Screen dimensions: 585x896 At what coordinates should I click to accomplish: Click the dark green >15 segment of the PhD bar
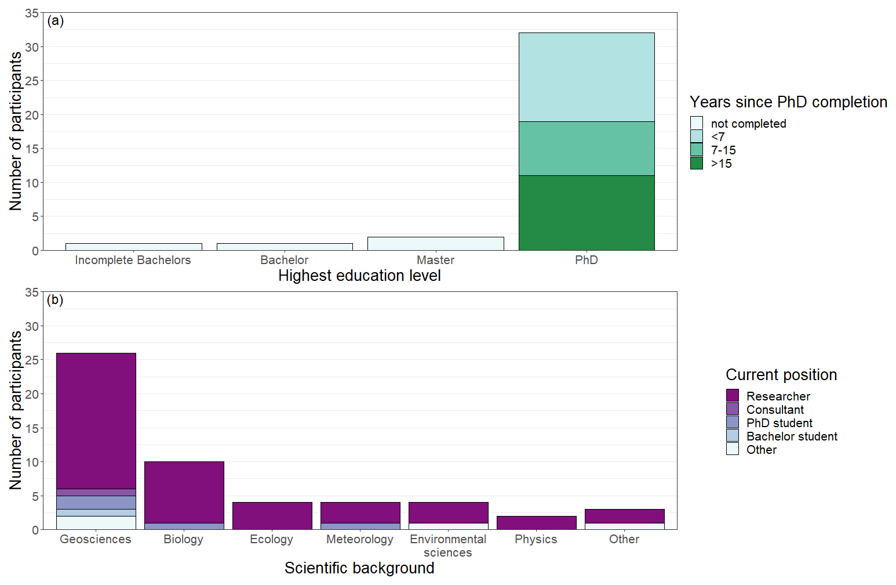tap(587, 212)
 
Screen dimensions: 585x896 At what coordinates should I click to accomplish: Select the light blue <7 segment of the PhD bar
tap(587, 77)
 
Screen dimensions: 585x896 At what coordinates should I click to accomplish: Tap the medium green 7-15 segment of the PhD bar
tap(587, 149)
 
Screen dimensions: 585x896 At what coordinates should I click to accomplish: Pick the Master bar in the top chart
tap(435, 244)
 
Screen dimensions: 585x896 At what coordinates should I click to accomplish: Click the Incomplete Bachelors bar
tap(133, 247)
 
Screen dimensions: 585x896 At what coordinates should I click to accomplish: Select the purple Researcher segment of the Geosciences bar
tap(96, 421)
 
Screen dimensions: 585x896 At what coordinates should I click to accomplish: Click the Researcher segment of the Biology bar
tap(184, 492)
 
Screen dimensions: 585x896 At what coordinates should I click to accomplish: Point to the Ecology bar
tap(272, 515)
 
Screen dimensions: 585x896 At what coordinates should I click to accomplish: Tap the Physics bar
tap(537, 522)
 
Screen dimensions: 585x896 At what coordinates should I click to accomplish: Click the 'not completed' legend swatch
tap(697, 123)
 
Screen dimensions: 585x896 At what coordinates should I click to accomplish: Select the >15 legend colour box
tap(697, 163)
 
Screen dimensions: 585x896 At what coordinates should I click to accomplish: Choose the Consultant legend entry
tap(775, 410)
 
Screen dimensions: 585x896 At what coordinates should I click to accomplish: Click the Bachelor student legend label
tap(792, 436)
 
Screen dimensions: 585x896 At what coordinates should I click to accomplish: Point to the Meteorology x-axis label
tap(360, 539)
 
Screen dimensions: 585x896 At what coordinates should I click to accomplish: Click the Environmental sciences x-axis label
tap(448, 546)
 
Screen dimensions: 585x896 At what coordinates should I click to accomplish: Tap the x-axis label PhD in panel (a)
tap(587, 260)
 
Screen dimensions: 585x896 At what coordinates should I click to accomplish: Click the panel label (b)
tap(55, 300)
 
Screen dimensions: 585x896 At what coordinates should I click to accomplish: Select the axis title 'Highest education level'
tap(359, 276)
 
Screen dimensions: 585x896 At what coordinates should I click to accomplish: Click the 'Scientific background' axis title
tap(359, 568)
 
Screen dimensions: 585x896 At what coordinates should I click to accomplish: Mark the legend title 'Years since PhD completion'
tap(788, 102)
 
